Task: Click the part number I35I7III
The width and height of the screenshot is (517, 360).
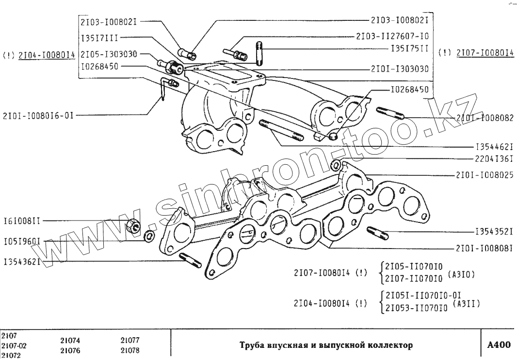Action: click(x=99, y=37)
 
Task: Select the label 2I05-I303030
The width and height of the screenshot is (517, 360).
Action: click(x=109, y=54)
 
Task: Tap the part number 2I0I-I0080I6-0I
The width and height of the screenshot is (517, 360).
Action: click(x=37, y=116)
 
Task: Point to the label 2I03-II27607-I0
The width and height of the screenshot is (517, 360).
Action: click(x=392, y=36)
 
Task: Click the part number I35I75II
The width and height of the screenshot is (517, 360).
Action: click(x=410, y=49)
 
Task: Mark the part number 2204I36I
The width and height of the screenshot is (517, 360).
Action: click(x=494, y=158)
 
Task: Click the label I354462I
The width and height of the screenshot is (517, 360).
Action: click(x=494, y=145)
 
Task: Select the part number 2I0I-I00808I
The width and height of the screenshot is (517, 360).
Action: click(x=484, y=248)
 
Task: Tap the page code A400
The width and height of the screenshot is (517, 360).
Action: click(x=499, y=345)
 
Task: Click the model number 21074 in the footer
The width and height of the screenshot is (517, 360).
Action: click(x=70, y=341)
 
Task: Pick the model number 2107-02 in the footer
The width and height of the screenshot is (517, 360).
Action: click(x=14, y=345)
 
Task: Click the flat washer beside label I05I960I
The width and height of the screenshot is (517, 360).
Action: click(x=149, y=236)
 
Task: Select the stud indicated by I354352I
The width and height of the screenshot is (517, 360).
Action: click(x=378, y=233)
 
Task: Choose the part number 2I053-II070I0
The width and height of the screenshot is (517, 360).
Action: click(x=415, y=308)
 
